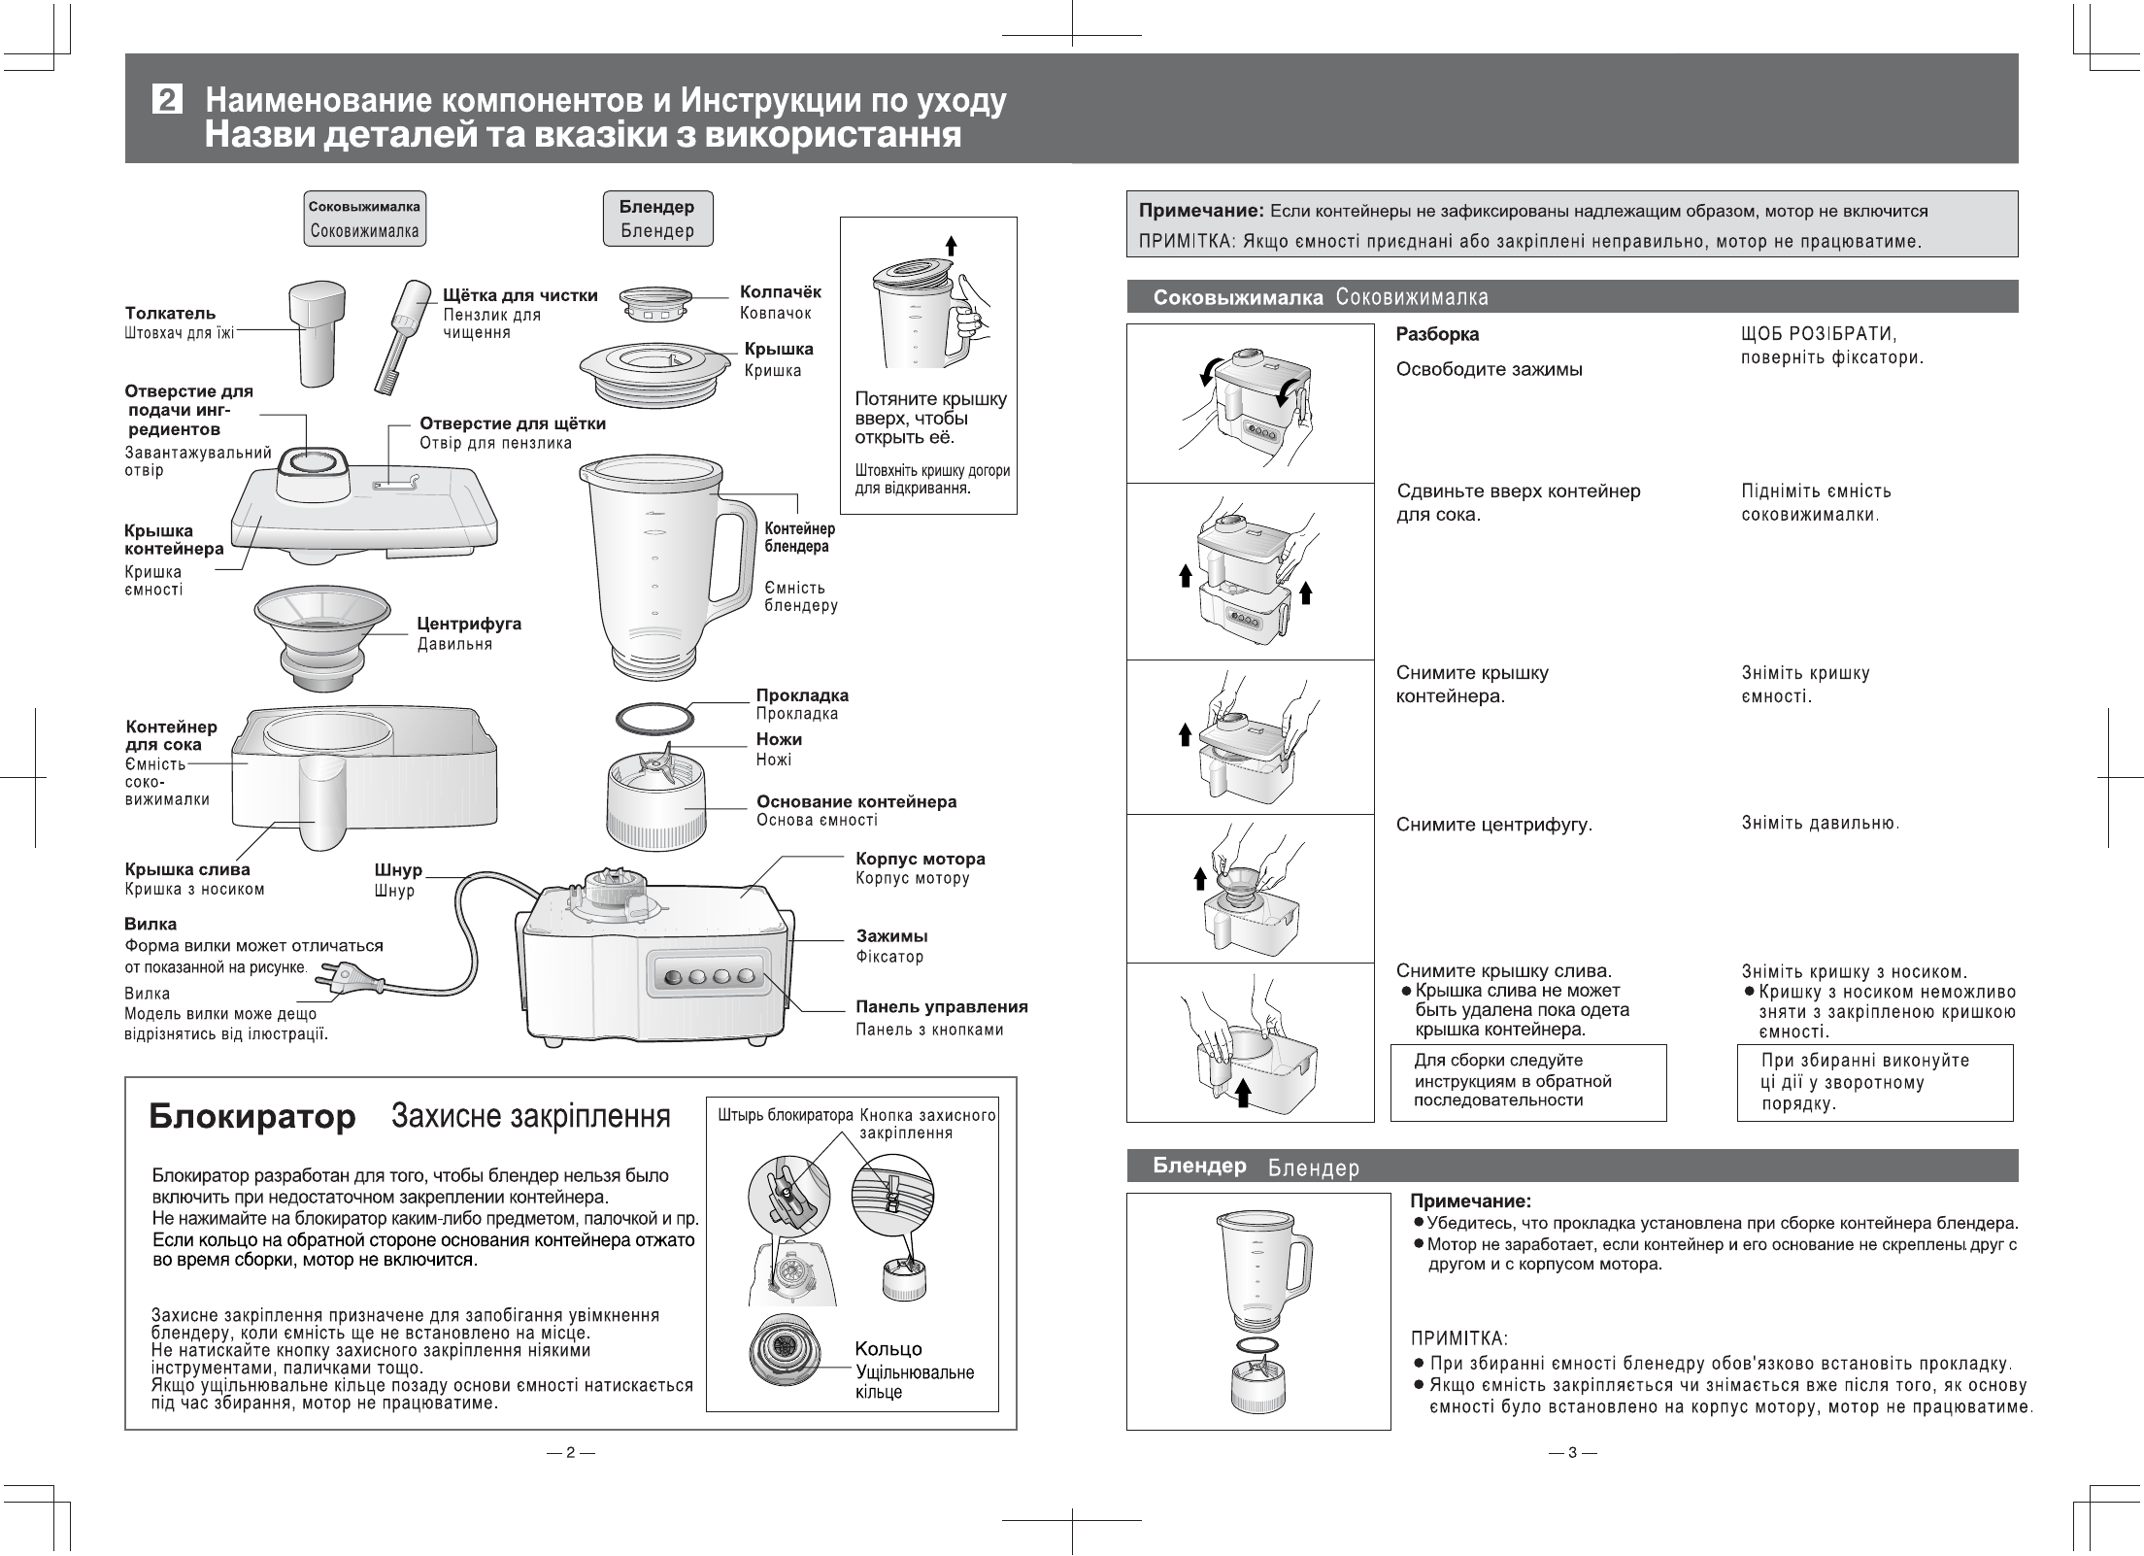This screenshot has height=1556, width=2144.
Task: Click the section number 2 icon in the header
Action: (x=168, y=100)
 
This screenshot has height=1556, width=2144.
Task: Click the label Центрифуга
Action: (x=469, y=624)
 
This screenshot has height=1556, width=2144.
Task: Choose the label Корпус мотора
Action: (x=920, y=859)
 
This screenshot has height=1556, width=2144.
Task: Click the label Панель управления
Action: (x=941, y=1006)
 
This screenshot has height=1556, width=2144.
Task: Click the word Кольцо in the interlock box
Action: (x=888, y=1348)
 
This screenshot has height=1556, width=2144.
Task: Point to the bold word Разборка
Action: (x=1437, y=334)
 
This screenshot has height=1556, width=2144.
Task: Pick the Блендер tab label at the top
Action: (x=657, y=207)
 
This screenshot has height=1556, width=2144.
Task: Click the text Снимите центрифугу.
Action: (x=1493, y=825)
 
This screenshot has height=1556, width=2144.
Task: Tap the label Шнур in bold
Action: (x=398, y=870)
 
